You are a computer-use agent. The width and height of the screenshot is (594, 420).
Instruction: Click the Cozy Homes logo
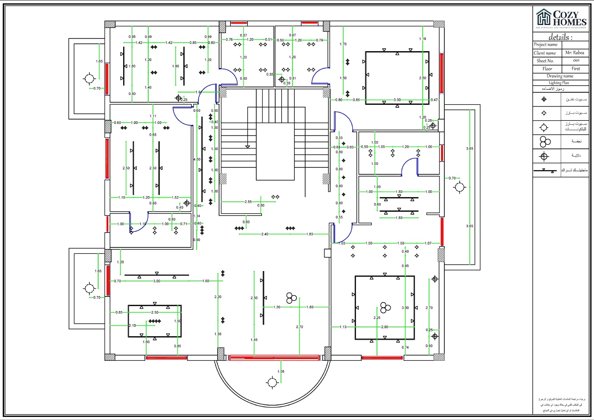click(561, 19)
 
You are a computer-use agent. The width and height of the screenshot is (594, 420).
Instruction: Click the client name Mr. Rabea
click(574, 53)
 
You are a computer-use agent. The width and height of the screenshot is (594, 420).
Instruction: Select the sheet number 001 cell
click(576, 61)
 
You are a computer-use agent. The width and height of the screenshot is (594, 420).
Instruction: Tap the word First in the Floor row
click(575, 69)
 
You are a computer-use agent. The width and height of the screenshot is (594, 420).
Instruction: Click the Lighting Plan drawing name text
click(558, 83)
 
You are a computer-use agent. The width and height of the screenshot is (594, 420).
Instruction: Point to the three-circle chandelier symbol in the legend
click(545, 141)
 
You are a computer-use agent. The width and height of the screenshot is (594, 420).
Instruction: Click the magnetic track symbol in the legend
click(545, 171)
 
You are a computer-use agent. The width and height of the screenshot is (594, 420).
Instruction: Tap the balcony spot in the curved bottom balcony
click(272, 383)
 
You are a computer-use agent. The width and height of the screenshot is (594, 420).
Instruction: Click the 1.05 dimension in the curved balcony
click(281, 371)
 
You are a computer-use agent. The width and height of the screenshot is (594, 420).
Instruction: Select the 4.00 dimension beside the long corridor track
click(197, 159)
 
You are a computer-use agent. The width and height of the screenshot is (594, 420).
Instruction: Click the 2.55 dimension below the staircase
click(248, 202)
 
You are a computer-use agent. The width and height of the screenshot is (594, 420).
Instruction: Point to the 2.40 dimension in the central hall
click(265, 234)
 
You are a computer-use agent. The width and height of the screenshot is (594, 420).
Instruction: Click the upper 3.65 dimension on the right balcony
click(469, 149)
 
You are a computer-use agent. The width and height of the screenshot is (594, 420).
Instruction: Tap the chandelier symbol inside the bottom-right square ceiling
click(385, 307)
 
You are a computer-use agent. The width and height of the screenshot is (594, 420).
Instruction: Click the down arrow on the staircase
click(247, 147)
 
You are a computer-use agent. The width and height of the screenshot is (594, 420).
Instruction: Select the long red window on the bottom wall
click(274, 357)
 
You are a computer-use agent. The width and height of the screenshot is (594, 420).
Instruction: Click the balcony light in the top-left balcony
click(89, 79)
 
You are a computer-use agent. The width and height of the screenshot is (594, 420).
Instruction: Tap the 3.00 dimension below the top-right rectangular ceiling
click(397, 100)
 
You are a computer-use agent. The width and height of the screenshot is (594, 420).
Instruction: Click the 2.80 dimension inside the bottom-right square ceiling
click(384, 327)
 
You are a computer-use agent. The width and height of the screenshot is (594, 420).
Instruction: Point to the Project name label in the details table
click(545, 45)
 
